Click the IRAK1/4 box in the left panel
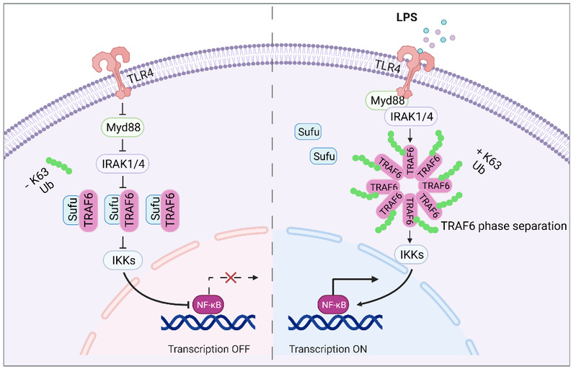pyautogui.click(x=123, y=164)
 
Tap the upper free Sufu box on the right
pyautogui.click(x=309, y=133)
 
